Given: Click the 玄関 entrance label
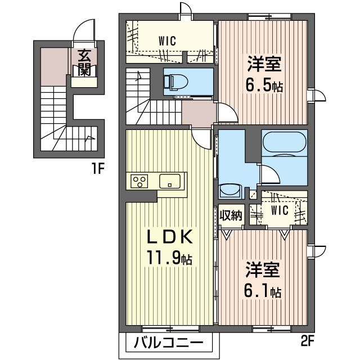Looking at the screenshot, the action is click(84, 62).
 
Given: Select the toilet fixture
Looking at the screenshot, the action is click(176, 82).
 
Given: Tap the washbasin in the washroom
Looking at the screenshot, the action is click(230, 191).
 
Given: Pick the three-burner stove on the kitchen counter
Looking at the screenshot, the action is click(139, 181).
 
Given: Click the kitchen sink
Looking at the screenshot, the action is click(170, 181).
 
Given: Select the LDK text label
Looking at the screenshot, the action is click(169, 237).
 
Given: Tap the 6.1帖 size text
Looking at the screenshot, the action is click(263, 291).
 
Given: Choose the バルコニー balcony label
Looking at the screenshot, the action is click(169, 343).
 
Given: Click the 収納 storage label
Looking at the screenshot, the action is click(231, 215).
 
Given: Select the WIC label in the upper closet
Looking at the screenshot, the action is click(168, 41).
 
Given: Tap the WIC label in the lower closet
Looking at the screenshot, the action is click(280, 210).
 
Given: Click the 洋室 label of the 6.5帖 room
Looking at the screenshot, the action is click(264, 64).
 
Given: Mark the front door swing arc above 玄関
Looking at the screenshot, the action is click(81, 25).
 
